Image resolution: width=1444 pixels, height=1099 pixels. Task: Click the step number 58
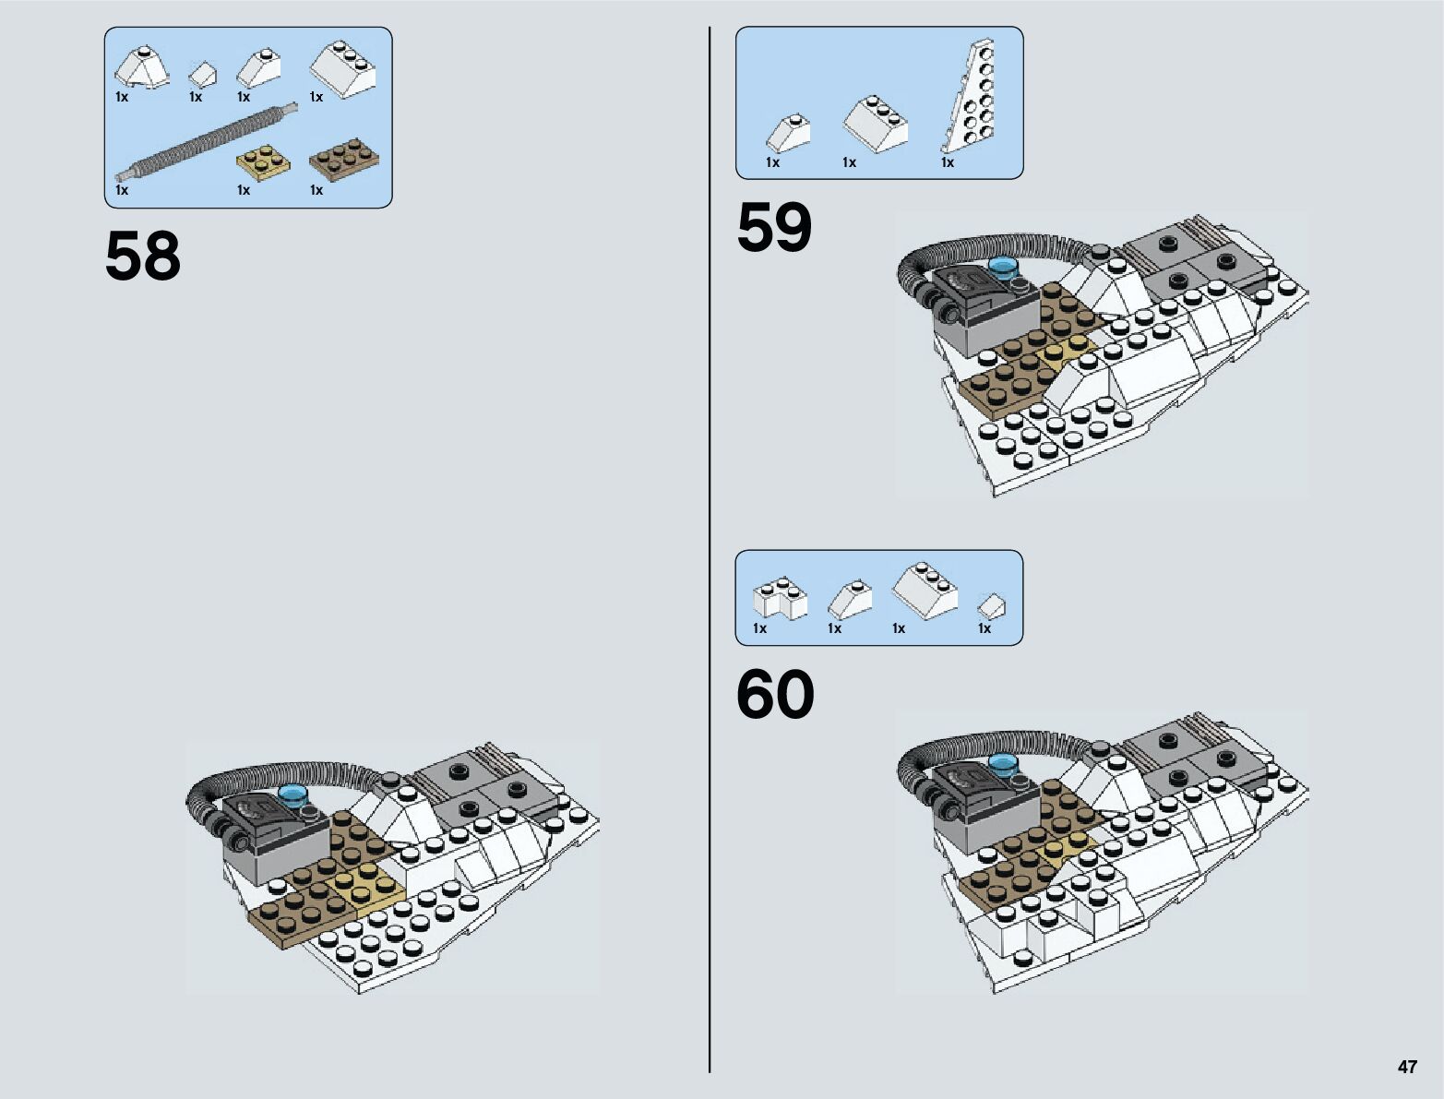pyautogui.click(x=143, y=256)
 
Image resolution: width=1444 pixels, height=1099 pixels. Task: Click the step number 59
pyautogui.click(x=774, y=228)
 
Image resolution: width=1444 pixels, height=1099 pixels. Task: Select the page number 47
pyautogui.click(x=1406, y=1067)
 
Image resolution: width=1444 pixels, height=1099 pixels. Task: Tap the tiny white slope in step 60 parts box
pyautogui.click(x=991, y=605)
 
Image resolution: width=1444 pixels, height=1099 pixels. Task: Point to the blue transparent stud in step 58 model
pyautogui.click(x=295, y=794)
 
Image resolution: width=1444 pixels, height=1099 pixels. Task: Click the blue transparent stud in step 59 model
pyautogui.click(x=1003, y=268)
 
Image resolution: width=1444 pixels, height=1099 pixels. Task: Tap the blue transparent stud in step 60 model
pyautogui.click(x=1003, y=763)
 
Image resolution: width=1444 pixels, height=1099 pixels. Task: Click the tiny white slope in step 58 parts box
pyautogui.click(x=203, y=74)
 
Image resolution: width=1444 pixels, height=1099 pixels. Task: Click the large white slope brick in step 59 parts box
pyautogui.click(x=876, y=121)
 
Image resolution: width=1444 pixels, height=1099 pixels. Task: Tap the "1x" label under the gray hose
pyautogui.click(x=122, y=190)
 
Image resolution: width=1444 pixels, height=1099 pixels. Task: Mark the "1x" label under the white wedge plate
pyautogui.click(x=947, y=162)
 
